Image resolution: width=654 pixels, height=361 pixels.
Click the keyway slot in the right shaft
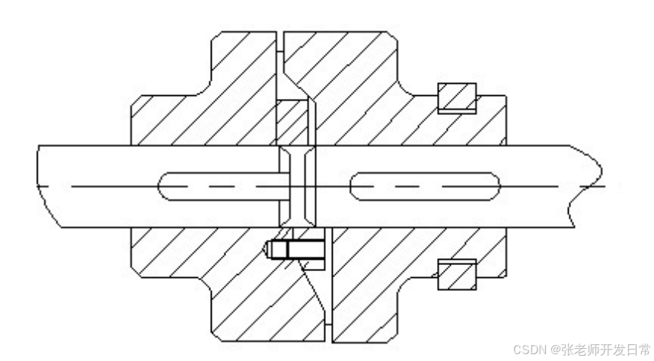[425, 185]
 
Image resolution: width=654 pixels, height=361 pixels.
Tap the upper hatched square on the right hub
[457, 98]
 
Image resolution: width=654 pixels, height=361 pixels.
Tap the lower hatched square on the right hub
[458, 274]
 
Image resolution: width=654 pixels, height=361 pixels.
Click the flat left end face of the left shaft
[38, 185]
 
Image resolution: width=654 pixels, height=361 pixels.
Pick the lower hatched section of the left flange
[213, 282]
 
